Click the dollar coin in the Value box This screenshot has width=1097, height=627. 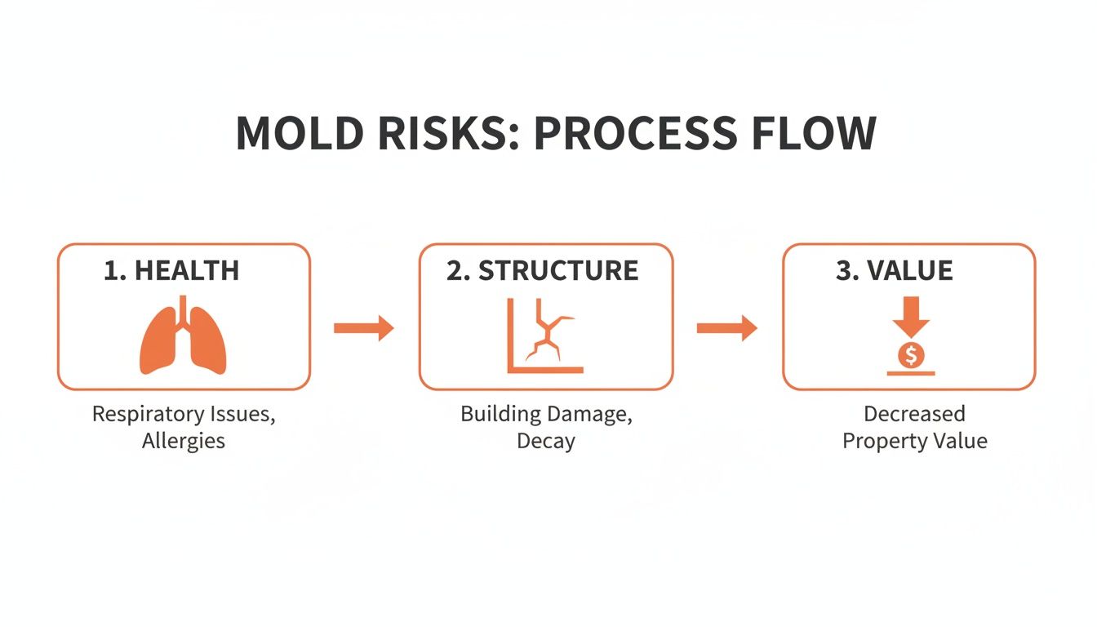pyautogui.click(x=910, y=355)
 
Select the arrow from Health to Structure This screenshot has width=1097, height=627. pyautogui.click(x=364, y=329)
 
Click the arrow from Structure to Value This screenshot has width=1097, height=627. pyautogui.click(x=726, y=329)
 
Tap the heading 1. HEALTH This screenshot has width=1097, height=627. pyautogui.click(x=171, y=271)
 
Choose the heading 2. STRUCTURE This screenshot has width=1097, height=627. pyautogui.click(x=542, y=271)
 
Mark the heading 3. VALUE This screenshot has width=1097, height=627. pyautogui.click(x=895, y=271)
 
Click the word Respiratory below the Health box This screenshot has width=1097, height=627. pyautogui.click(x=148, y=415)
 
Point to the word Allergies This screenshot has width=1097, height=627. pyautogui.click(x=184, y=442)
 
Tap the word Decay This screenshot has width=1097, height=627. pyautogui.click(x=546, y=442)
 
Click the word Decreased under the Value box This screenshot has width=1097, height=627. pyautogui.click(x=914, y=414)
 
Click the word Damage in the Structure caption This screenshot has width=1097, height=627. pyautogui.click(x=590, y=415)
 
